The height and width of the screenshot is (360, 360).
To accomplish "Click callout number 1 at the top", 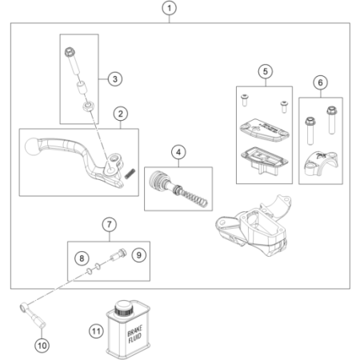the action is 169,8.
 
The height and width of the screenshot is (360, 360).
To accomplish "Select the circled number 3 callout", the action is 115,79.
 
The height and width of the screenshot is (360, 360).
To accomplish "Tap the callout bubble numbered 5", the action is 266,71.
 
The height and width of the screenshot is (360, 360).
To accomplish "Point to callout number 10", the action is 42,346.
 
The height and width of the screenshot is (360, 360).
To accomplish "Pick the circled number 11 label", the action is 96,331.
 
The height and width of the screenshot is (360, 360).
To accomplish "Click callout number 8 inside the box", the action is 82,258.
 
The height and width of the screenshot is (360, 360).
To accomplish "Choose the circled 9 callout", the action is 138,255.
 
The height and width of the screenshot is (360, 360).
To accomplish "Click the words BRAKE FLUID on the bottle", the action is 134,334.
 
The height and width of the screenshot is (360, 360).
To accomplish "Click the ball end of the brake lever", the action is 32,146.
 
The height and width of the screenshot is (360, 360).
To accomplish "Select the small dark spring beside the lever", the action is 130,174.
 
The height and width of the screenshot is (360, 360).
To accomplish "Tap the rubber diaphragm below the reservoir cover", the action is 264,159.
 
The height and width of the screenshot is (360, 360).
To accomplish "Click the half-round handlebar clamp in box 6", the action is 321,163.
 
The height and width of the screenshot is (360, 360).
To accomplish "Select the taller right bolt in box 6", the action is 331,120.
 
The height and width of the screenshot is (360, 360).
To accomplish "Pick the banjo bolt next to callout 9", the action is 118,254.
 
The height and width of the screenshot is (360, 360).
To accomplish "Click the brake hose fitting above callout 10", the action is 33,314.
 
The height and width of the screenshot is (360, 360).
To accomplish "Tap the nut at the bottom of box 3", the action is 89,106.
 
